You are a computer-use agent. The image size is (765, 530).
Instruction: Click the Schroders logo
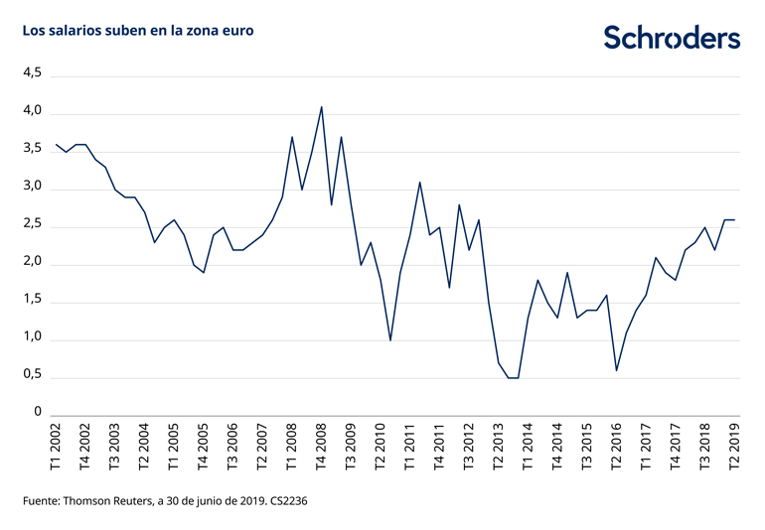click(x=672, y=38)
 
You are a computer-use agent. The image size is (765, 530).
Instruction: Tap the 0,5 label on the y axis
click(x=32, y=376)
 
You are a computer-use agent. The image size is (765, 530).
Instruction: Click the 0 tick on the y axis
click(x=38, y=413)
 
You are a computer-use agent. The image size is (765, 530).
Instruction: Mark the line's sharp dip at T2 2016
click(x=617, y=370)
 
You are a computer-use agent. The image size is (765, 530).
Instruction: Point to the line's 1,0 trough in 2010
click(x=390, y=340)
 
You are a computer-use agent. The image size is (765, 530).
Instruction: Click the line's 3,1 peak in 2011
click(x=419, y=183)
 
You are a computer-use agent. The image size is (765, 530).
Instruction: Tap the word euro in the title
click(x=236, y=31)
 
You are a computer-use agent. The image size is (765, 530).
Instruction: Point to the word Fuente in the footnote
click(x=44, y=501)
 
